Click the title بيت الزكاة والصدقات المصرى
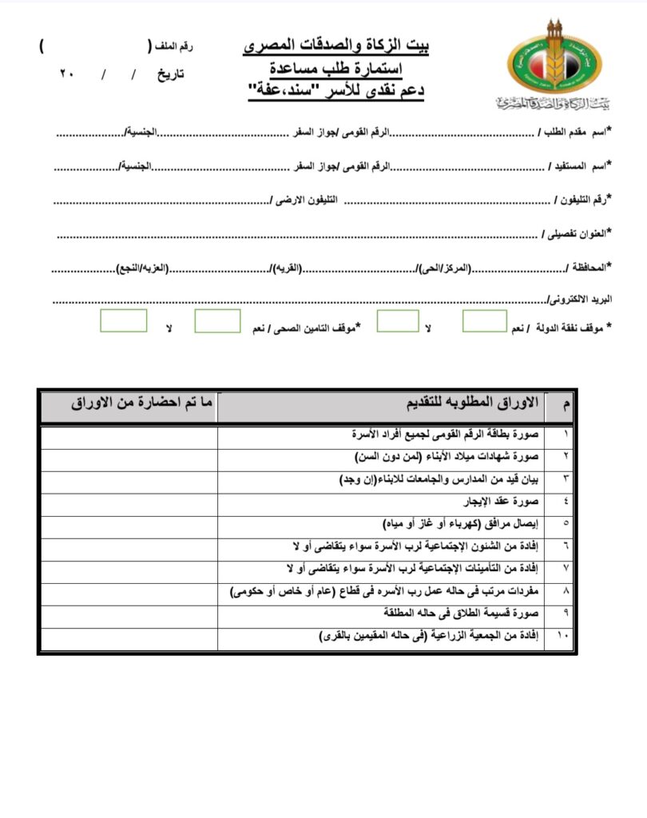(335, 46)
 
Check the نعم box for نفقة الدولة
(484, 321)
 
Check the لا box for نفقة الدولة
(397, 321)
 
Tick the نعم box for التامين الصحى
(217, 321)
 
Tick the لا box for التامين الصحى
(123, 321)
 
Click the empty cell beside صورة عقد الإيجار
(129, 503)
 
